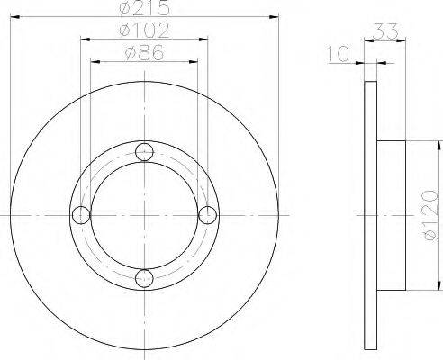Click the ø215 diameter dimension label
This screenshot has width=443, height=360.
tap(144, 8)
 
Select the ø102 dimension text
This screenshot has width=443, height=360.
tap(144, 31)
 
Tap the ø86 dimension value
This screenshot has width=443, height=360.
tap(144, 53)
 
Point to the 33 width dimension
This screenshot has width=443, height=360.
tap(386, 31)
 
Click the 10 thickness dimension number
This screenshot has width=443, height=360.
tap(338, 54)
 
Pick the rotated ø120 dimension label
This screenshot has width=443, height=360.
tap(429, 215)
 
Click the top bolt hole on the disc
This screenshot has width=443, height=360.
tap(144, 152)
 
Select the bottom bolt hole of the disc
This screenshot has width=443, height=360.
tap(144, 279)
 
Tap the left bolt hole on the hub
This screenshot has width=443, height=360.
tap(81, 215)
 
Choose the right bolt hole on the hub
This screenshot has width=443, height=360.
tap(208, 215)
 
